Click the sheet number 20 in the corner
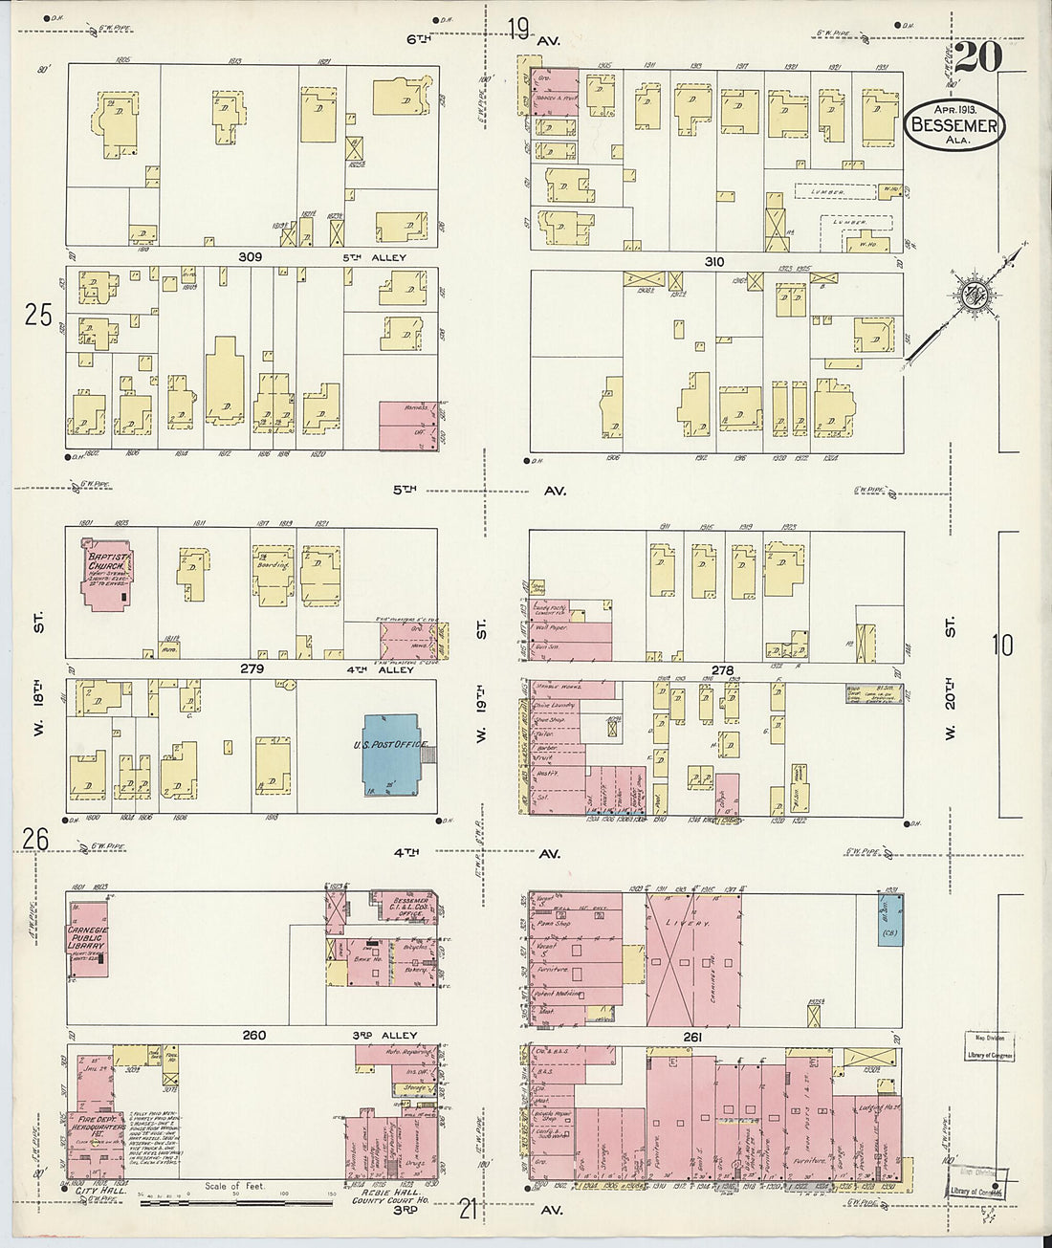(x=977, y=57)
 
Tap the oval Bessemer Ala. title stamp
(x=953, y=125)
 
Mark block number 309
(x=252, y=258)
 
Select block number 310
(x=713, y=262)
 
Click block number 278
(x=722, y=671)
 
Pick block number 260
(x=253, y=1036)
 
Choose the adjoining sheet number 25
(x=38, y=315)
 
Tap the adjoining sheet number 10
(x=1001, y=646)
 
